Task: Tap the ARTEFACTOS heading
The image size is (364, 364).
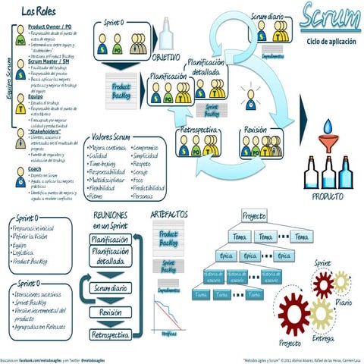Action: [170, 215]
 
